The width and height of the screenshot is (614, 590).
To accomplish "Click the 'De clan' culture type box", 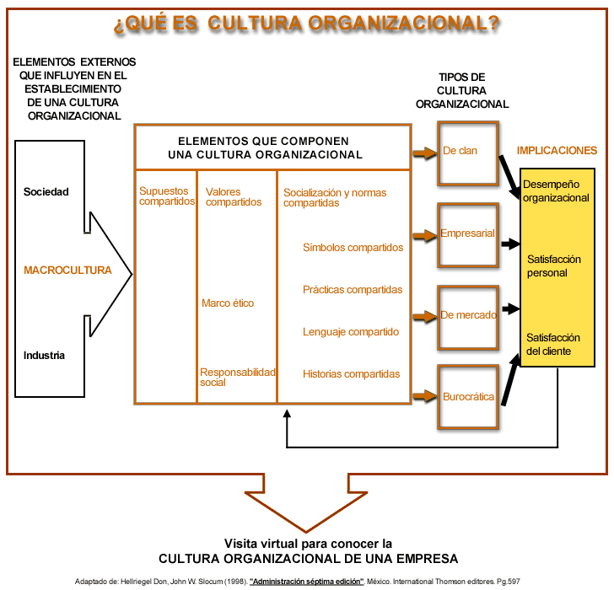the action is click(x=468, y=153).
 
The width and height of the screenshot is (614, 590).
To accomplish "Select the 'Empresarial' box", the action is click(x=468, y=235).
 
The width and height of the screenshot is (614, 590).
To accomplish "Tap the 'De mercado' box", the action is click(x=468, y=317).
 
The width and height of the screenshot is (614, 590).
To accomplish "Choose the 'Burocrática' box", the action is click(x=468, y=397).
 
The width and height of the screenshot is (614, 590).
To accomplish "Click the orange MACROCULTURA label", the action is click(x=67, y=270).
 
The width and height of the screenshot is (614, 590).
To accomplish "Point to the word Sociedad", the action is click(x=46, y=191).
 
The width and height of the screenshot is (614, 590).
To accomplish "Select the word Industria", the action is click(x=44, y=355).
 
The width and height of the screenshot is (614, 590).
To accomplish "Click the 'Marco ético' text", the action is click(x=228, y=303).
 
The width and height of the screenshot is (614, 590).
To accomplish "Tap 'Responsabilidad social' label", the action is click(x=238, y=377).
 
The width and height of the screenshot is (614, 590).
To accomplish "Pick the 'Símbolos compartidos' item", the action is click(x=353, y=247).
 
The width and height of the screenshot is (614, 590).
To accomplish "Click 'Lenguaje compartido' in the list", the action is click(x=351, y=332).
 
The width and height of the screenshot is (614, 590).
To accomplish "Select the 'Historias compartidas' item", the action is click(x=351, y=373).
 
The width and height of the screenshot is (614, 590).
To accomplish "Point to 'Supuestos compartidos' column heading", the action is click(x=167, y=196).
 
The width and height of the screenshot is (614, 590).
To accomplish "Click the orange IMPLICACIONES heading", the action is click(x=557, y=151).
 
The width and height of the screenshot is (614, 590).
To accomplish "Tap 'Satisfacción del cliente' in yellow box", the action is click(x=553, y=344).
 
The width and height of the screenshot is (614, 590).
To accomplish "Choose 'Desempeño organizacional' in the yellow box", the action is click(x=556, y=191).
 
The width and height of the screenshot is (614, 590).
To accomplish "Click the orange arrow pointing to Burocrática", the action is click(x=425, y=396).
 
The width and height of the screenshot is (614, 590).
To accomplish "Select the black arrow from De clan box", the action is click(x=509, y=177).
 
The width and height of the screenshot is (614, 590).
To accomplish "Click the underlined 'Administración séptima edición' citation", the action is click(x=307, y=582).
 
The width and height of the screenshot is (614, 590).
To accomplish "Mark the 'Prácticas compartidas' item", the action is click(x=353, y=290).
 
